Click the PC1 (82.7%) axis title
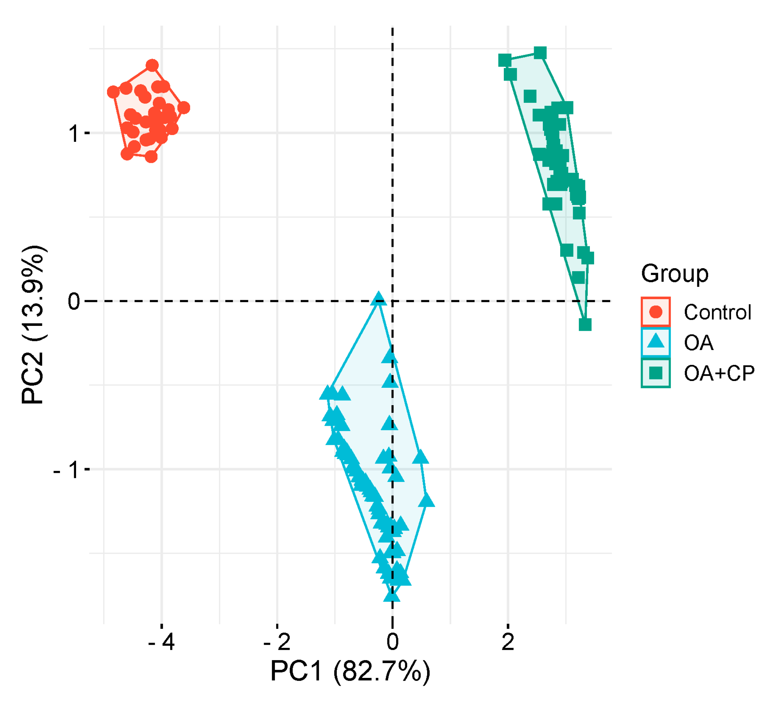(350, 671)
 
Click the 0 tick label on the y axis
(73, 301)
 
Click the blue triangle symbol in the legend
(656, 342)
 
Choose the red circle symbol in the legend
(656, 312)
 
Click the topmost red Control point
(152, 65)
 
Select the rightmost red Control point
(183, 108)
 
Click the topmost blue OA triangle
(378, 299)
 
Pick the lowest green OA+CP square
(585, 324)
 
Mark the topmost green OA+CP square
(540, 53)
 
